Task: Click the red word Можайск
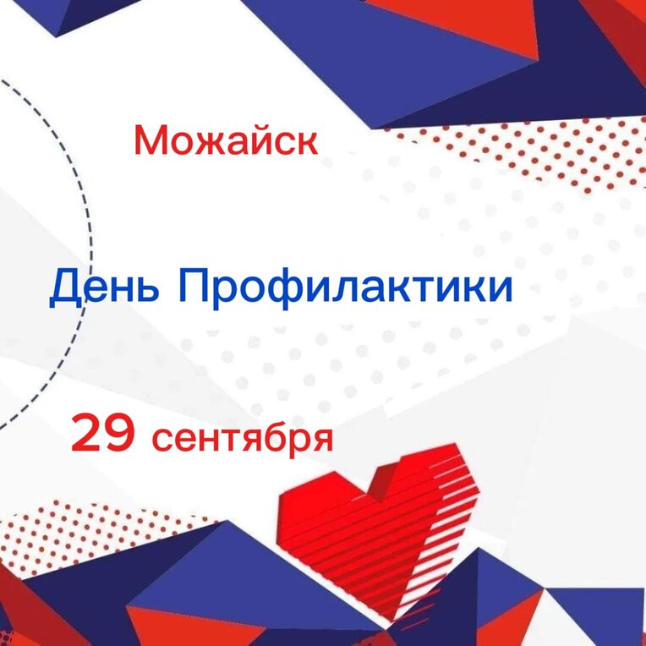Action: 226,140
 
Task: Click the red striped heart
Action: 377,532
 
